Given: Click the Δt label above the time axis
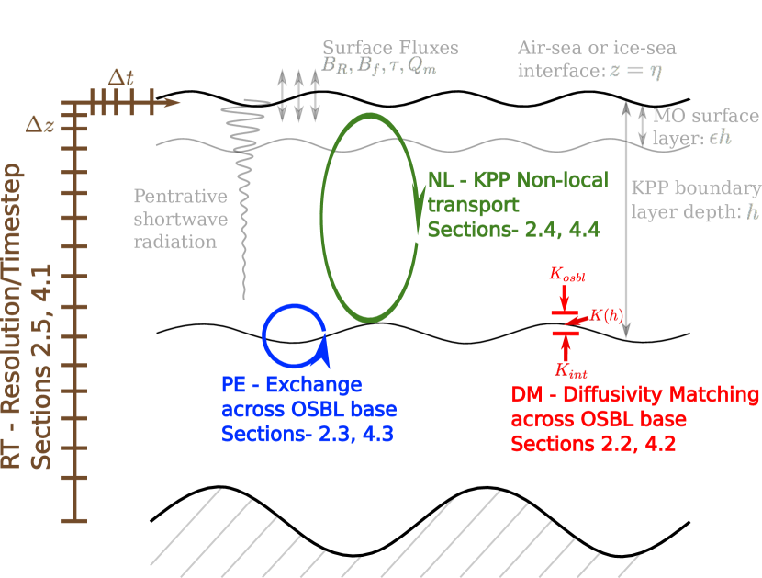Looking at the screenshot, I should [x=120, y=77].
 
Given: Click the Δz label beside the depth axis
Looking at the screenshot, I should [x=39, y=124].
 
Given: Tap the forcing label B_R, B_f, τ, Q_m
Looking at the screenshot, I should [x=378, y=65].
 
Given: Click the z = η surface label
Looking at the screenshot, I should [x=635, y=71].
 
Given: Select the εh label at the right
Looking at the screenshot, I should [x=720, y=138].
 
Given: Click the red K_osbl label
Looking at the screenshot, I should [x=566, y=273].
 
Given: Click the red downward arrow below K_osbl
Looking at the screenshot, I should [x=565, y=298].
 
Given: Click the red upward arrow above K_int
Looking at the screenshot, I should [x=566, y=346].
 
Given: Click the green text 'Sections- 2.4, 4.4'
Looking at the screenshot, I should [x=513, y=230].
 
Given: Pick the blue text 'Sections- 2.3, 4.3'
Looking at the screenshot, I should [x=307, y=434].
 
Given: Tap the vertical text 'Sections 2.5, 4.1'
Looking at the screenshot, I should [x=42, y=368].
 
